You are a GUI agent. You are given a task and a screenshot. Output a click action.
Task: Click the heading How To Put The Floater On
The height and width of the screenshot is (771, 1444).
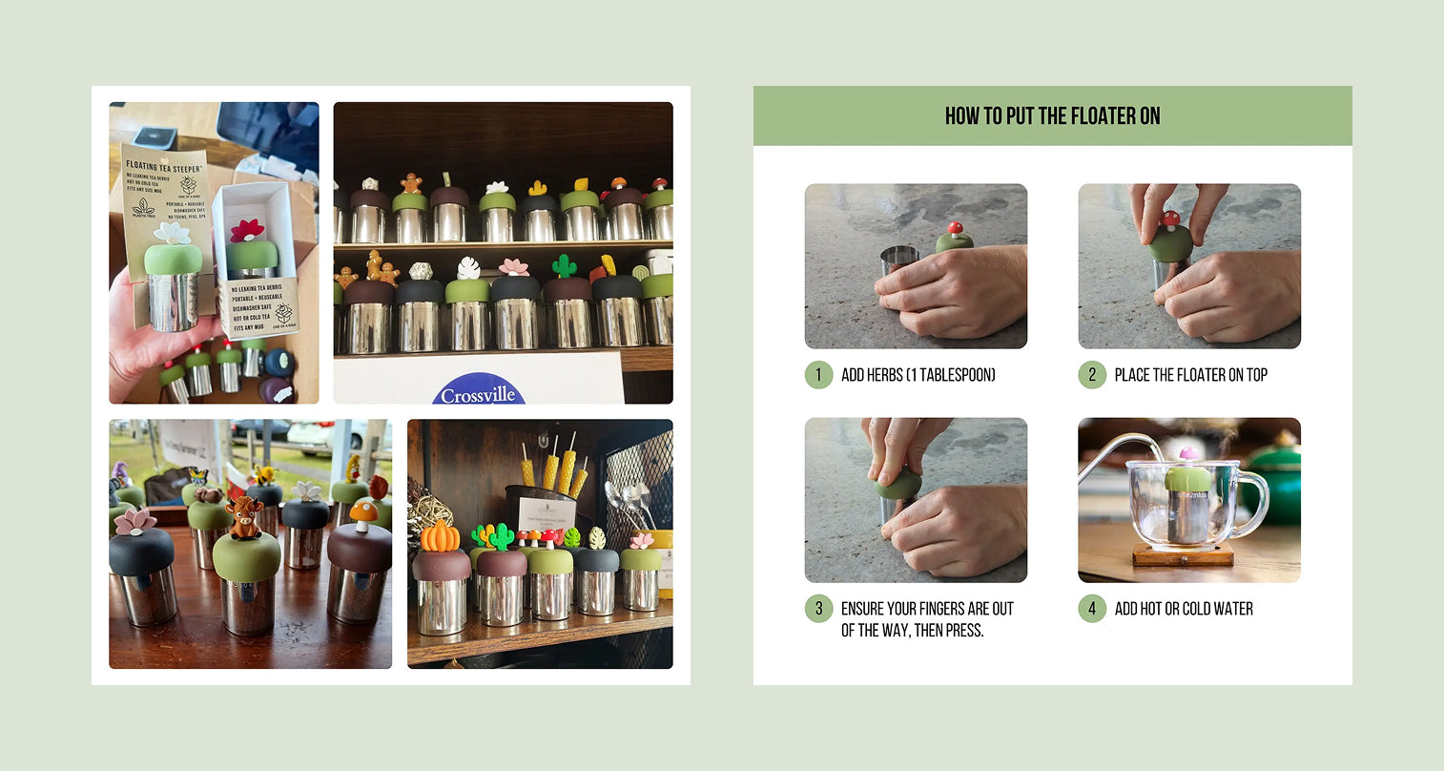[1052, 116]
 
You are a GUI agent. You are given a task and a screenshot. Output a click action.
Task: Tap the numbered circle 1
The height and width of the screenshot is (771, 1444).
[818, 375]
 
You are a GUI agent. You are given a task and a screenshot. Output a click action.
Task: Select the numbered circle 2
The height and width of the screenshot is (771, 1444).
[1092, 375]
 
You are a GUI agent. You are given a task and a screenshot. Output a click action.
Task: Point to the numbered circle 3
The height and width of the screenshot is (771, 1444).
[818, 609]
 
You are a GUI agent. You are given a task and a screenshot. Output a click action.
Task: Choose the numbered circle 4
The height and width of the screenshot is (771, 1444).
[1092, 609]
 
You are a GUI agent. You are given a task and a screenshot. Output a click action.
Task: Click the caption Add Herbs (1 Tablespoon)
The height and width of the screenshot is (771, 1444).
[918, 375]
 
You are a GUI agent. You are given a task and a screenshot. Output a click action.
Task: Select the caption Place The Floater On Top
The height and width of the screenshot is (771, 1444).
[1190, 375]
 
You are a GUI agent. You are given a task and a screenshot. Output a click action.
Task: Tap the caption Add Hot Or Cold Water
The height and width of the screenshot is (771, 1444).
[1184, 609]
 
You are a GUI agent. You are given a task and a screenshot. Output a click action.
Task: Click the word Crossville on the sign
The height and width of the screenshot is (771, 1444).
[478, 394]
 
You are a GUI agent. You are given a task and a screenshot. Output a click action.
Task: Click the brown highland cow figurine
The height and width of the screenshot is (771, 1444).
[243, 516]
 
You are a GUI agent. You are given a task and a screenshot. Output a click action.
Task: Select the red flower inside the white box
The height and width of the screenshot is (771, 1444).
[248, 231]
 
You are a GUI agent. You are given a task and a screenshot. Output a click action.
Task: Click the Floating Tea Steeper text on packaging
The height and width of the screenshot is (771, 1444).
[163, 165]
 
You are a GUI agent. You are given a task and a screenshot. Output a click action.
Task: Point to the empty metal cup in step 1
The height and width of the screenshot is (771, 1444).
[897, 260]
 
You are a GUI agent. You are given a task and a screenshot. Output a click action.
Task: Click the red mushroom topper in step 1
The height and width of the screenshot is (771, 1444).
[953, 230]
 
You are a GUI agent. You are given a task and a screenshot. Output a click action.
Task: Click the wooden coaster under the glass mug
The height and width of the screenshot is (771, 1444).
[1183, 555]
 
